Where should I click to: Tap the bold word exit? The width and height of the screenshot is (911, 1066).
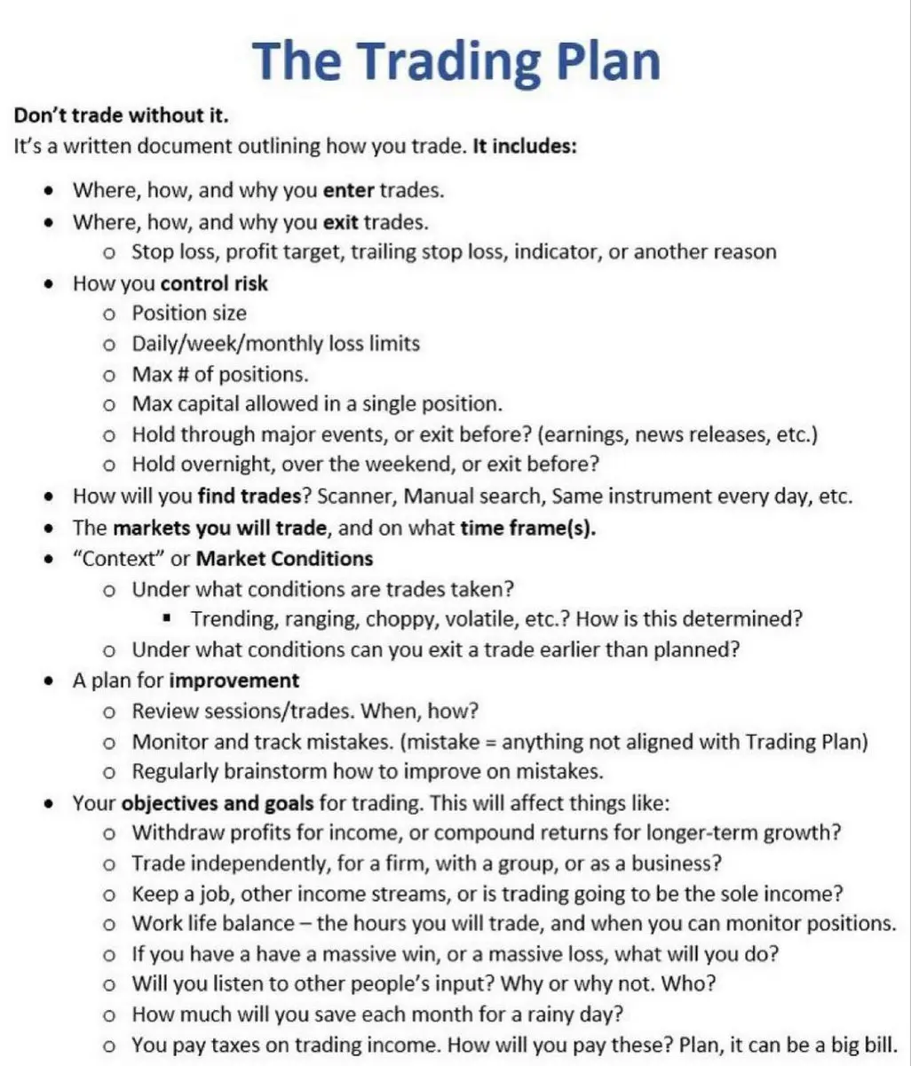[x=342, y=221]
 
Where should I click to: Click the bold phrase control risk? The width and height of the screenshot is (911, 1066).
[x=214, y=283]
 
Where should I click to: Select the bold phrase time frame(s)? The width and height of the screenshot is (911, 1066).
[x=528, y=528]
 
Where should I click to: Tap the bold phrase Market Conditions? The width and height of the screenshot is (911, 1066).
[x=284, y=559]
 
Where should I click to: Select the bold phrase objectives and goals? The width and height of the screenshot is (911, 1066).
[x=218, y=803]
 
